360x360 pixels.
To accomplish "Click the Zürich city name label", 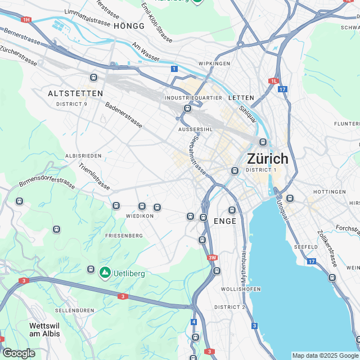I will click(x=267, y=158).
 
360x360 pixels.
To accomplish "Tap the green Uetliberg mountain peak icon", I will click(x=105, y=273).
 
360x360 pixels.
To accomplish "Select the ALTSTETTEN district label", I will click(x=75, y=93).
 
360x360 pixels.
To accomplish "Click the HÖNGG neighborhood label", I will click(x=129, y=26).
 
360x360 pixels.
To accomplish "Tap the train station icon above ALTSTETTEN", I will click(x=93, y=78).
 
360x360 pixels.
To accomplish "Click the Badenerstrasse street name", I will click(x=125, y=116).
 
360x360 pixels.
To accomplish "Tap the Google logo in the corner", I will click(x=19, y=353).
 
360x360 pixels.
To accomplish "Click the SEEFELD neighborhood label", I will click(x=307, y=247).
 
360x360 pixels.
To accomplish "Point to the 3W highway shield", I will click(x=211, y=258).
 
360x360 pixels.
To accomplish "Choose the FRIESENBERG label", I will click(x=122, y=236).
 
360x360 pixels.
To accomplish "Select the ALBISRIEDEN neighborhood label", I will click(x=83, y=155).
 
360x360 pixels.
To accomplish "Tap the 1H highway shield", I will click(x=26, y=20).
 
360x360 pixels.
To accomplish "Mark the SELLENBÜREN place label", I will click(x=74, y=310).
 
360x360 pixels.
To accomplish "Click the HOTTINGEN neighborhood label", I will click(x=330, y=192).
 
